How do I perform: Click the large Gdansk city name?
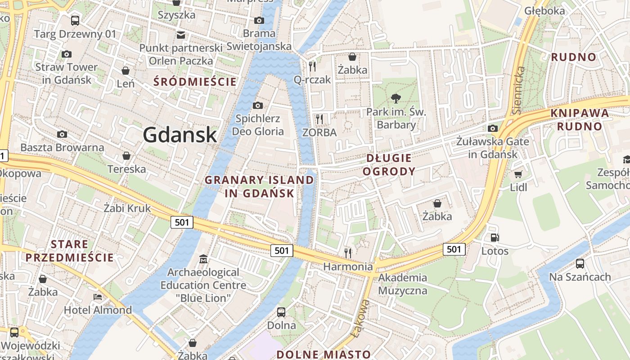180,135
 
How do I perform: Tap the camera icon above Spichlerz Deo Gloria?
258,105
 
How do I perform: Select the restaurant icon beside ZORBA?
319,119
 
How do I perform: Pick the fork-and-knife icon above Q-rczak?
312,67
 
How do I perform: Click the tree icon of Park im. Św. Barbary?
396,98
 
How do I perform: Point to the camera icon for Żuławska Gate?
493,128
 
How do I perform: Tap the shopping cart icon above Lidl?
518,174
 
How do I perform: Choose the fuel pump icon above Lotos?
495,238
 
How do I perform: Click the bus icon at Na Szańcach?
580,264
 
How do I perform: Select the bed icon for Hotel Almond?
98,297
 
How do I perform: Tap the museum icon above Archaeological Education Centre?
203,259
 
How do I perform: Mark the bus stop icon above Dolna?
281,312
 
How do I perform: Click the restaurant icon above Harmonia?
348,253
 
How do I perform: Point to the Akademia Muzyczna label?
402,284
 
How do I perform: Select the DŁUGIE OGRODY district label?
389,165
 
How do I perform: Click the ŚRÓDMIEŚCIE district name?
195,82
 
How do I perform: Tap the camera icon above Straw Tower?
67,54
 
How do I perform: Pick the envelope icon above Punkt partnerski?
181,35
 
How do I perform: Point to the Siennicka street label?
519,90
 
